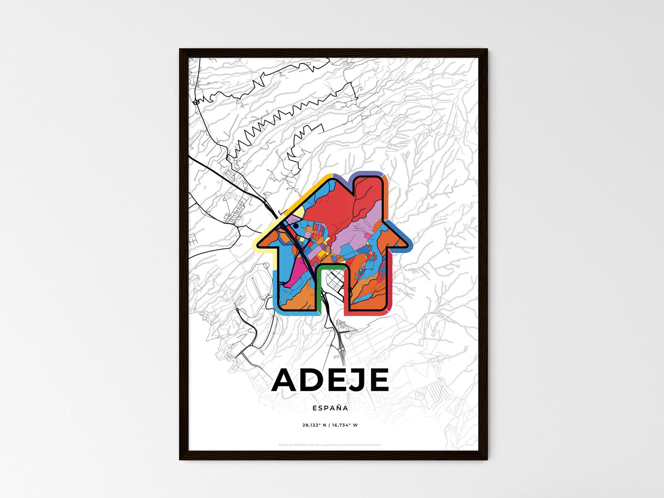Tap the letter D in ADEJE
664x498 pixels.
pyautogui.click(x=317, y=380)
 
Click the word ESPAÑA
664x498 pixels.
pyautogui.click(x=330, y=407)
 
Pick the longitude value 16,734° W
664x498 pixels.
pyautogui.click(x=345, y=425)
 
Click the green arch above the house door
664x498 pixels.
pyautogui.click(x=330, y=266)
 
